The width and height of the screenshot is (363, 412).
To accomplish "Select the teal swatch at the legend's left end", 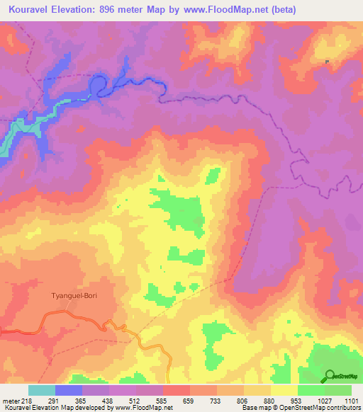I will (42, 390).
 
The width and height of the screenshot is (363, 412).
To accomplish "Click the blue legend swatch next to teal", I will (69, 390).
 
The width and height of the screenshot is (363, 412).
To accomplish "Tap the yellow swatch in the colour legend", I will (284, 390).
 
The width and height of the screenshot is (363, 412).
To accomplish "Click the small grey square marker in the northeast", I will (327, 62).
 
